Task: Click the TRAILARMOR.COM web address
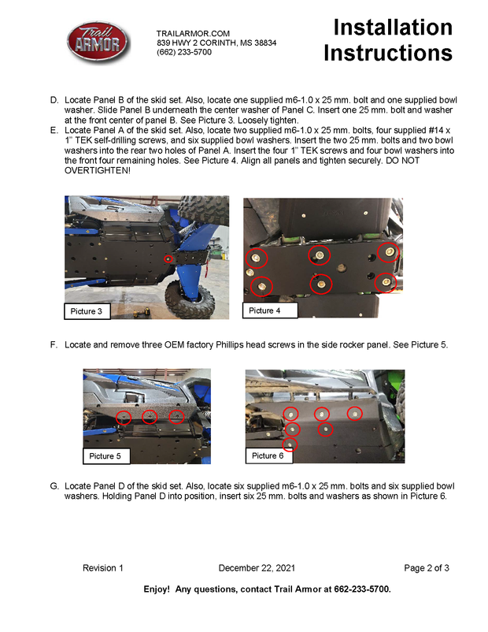tap(193, 33)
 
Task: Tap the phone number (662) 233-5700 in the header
tap(184, 52)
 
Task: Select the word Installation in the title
tap(393, 28)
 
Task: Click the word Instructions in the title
tap(388, 54)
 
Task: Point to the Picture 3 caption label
tap(87, 312)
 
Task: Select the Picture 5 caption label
tap(105, 456)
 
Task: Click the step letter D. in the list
tap(54, 101)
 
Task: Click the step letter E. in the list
tap(54, 129)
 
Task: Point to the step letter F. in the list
tap(54, 345)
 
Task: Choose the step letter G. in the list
tap(54, 486)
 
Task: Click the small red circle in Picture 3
tap(167, 258)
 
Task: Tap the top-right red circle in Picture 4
tap(387, 252)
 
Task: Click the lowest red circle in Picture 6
tap(290, 445)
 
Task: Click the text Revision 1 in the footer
tap(103, 568)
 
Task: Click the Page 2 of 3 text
tap(426, 568)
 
